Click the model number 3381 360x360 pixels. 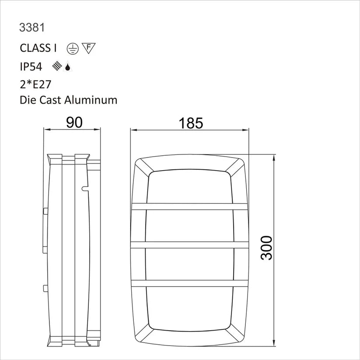pos(32,28)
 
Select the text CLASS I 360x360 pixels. pos(38,48)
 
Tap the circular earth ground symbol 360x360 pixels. pos(73,49)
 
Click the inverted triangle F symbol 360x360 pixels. pos(89,48)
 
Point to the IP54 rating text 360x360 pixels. pos(31,67)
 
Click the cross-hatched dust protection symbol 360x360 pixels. pos(56,66)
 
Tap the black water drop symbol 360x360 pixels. pos(67,67)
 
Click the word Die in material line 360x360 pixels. pos(28,100)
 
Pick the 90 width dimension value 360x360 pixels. pos(74,123)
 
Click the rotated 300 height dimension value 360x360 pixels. pos(266,248)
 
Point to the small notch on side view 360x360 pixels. pos(84,189)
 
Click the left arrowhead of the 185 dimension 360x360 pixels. pos(134,130)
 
